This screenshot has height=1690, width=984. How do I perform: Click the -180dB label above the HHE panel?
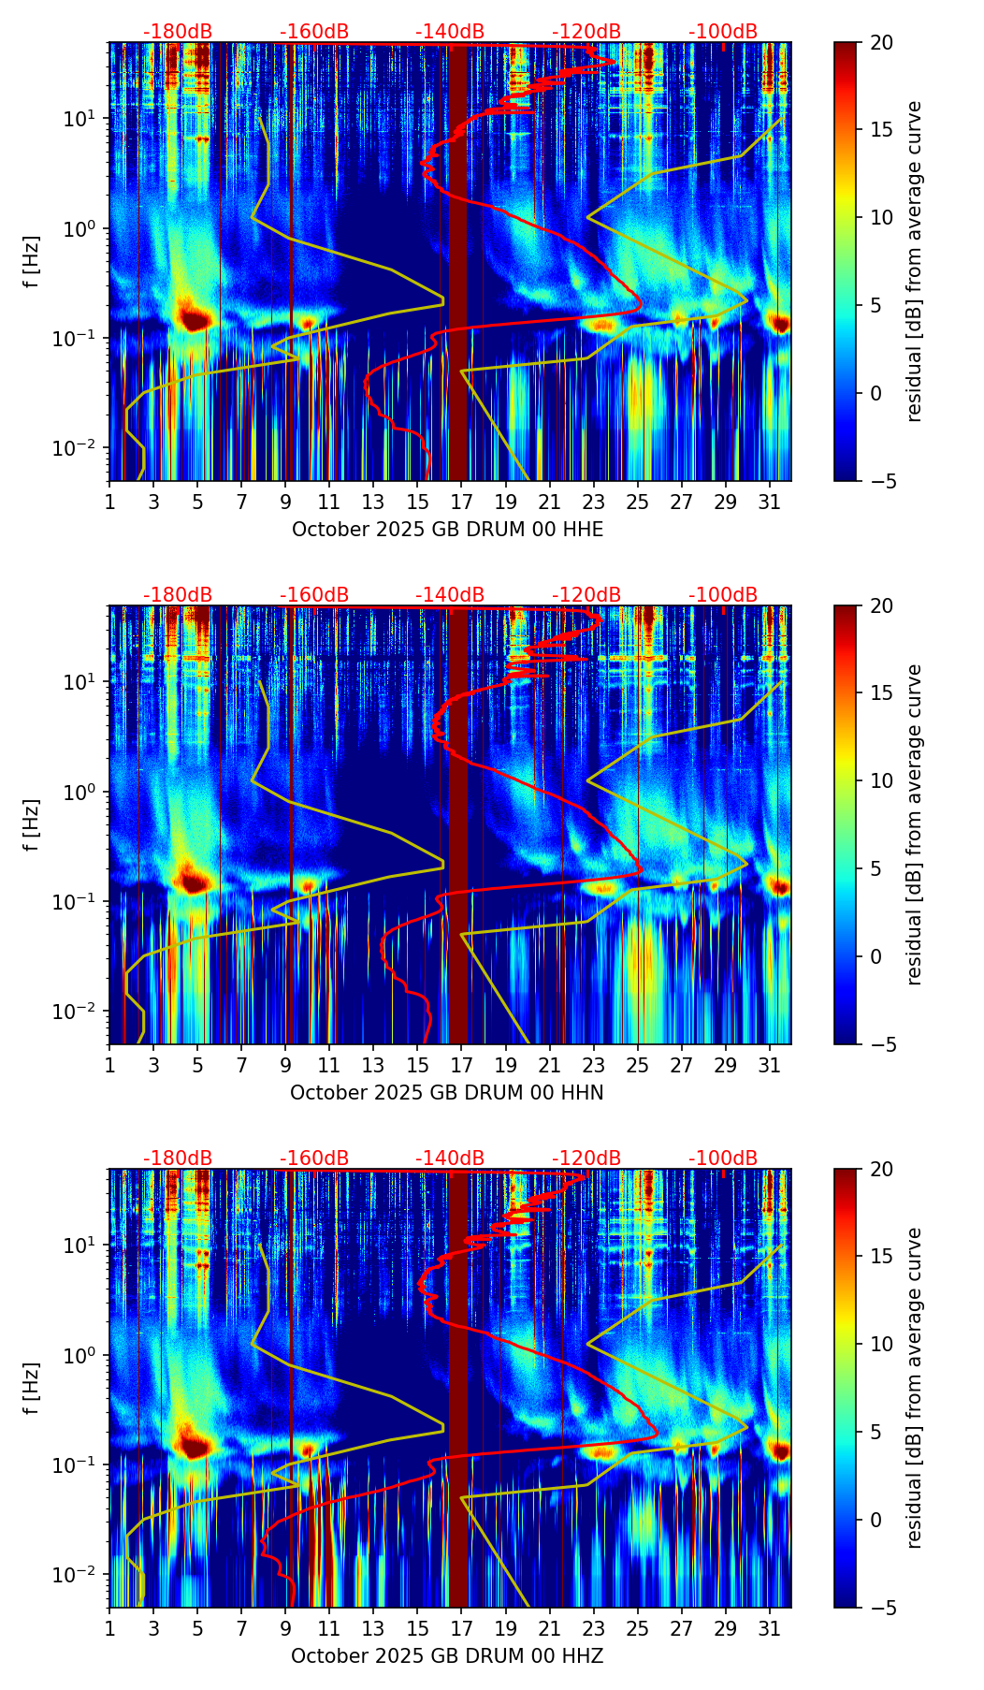(178, 32)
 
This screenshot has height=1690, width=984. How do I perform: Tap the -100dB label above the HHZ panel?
(723, 1158)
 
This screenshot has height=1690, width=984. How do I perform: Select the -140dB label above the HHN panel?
(450, 595)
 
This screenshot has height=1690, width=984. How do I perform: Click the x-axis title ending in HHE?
(447, 530)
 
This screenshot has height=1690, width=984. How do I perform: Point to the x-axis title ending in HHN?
(447, 1093)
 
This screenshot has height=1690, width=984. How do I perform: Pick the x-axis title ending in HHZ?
(447, 1656)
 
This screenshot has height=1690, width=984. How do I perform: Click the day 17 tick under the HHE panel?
(462, 503)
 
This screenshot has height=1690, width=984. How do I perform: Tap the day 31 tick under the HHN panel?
(770, 1066)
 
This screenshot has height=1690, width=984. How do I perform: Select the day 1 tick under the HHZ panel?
(110, 1629)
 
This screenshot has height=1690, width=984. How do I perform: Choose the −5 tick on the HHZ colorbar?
(879, 1608)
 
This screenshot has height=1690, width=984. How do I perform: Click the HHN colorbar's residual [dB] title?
(915, 824)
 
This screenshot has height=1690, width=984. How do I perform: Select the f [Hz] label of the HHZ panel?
(32, 1388)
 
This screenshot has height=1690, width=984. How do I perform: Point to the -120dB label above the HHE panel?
(586, 32)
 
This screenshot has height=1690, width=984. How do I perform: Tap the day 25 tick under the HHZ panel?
(638, 1629)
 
